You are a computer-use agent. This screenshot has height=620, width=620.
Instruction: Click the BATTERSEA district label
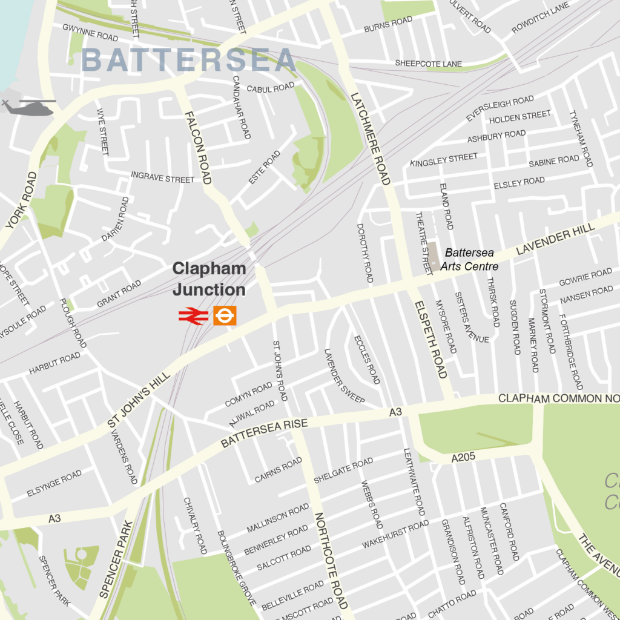pos(188,61)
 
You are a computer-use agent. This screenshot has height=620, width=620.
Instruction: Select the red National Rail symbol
pos(193,316)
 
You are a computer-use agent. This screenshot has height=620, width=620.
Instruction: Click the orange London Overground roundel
pos(225,315)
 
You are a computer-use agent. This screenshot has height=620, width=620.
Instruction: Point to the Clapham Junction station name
pos(209,279)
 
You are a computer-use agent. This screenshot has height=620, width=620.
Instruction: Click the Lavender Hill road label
pos(556,237)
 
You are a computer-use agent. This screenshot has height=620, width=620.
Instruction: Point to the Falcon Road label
pos(198,148)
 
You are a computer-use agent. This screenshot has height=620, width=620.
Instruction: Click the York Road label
pos(22,200)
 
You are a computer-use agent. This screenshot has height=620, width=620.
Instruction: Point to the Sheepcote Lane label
pos(428,64)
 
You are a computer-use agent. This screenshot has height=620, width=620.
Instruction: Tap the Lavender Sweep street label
pos(344,376)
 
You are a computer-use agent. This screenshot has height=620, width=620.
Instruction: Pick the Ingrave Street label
pos(163,177)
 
